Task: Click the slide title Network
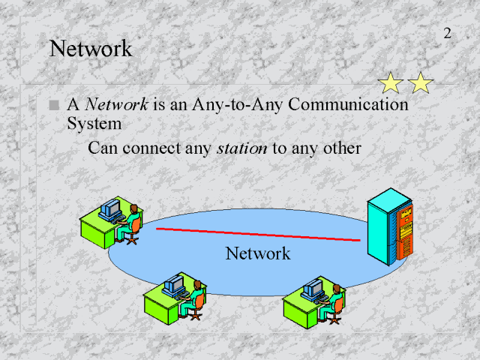pyautogui.click(x=90, y=49)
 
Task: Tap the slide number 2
pyautogui.click(x=447, y=33)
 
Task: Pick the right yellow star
pyautogui.click(x=421, y=82)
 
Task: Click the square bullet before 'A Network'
pyautogui.click(x=52, y=106)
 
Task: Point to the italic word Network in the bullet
pyautogui.click(x=115, y=104)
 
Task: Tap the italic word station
pyautogui.click(x=241, y=148)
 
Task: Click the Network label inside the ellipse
pyautogui.click(x=257, y=253)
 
